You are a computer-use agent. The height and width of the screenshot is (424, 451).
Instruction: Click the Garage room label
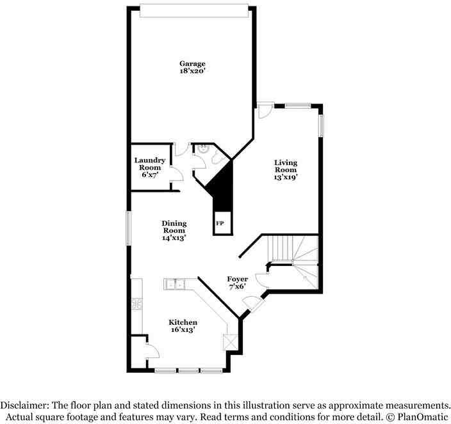(x=192, y=63)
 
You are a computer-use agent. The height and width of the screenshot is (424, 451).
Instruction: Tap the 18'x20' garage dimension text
(x=192, y=72)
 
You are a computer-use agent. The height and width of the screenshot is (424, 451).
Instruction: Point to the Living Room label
(x=286, y=166)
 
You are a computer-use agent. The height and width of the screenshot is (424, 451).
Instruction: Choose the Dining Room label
(x=174, y=227)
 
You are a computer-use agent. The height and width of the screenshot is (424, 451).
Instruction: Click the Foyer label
(x=238, y=279)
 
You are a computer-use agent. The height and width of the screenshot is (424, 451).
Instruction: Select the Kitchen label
(x=183, y=322)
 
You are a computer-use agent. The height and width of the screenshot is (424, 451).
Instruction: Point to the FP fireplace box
(x=220, y=223)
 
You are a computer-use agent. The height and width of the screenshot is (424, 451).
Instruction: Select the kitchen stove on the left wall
(x=136, y=305)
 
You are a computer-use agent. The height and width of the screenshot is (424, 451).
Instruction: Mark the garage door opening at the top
(x=193, y=11)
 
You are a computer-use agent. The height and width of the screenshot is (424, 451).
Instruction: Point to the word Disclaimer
(x=24, y=405)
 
